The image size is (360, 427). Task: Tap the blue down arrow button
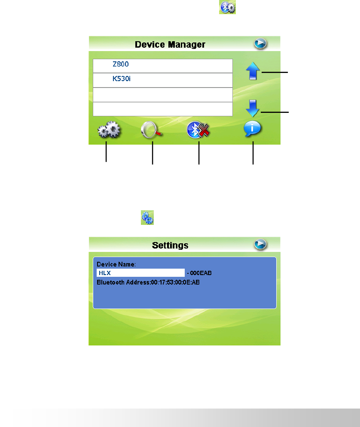(253, 109)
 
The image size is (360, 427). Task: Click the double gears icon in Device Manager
(110, 130)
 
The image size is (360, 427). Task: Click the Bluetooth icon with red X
(198, 130)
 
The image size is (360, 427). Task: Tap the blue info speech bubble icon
(253, 129)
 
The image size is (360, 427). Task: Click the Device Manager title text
(170, 44)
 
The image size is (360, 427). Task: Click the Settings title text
(170, 245)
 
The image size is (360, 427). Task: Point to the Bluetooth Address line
(148, 282)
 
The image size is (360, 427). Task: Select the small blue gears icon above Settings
(147, 218)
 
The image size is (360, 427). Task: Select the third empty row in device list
(162, 95)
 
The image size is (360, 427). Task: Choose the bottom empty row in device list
(162, 109)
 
